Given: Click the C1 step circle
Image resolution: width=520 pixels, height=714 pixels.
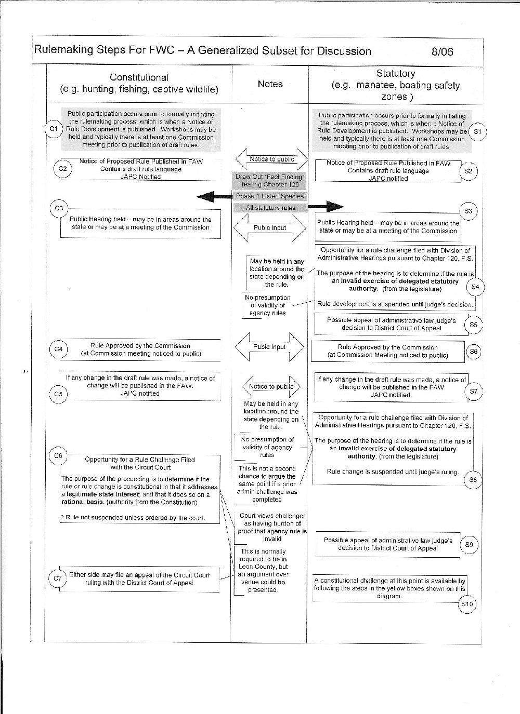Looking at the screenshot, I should [x=53, y=128].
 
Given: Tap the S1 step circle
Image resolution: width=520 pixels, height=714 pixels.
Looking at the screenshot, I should [x=477, y=132].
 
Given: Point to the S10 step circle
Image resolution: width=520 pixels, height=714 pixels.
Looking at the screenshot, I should [x=467, y=604].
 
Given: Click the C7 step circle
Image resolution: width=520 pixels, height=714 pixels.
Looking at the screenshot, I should [x=58, y=578].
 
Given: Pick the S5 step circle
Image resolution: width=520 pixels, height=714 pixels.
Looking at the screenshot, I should [x=473, y=325].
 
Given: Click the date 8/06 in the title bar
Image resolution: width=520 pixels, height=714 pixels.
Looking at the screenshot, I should [x=442, y=51].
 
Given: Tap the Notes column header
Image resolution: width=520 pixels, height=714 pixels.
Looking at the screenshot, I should [x=270, y=84].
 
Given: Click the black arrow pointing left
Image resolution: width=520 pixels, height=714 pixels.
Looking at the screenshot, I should [x=214, y=196].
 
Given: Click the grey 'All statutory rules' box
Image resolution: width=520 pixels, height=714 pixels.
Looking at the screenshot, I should [x=270, y=208].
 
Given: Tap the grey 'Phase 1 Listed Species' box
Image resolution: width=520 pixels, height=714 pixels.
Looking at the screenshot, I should [x=270, y=196].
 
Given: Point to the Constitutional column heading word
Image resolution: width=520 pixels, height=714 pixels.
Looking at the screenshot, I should [x=139, y=77].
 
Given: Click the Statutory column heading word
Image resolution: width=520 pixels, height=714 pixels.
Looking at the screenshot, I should [x=395, y=74].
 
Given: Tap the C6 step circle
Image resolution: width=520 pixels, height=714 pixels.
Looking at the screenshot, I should [x=58, y=456].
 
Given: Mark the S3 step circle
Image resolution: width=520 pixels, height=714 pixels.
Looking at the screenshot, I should [x=469, y=211].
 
